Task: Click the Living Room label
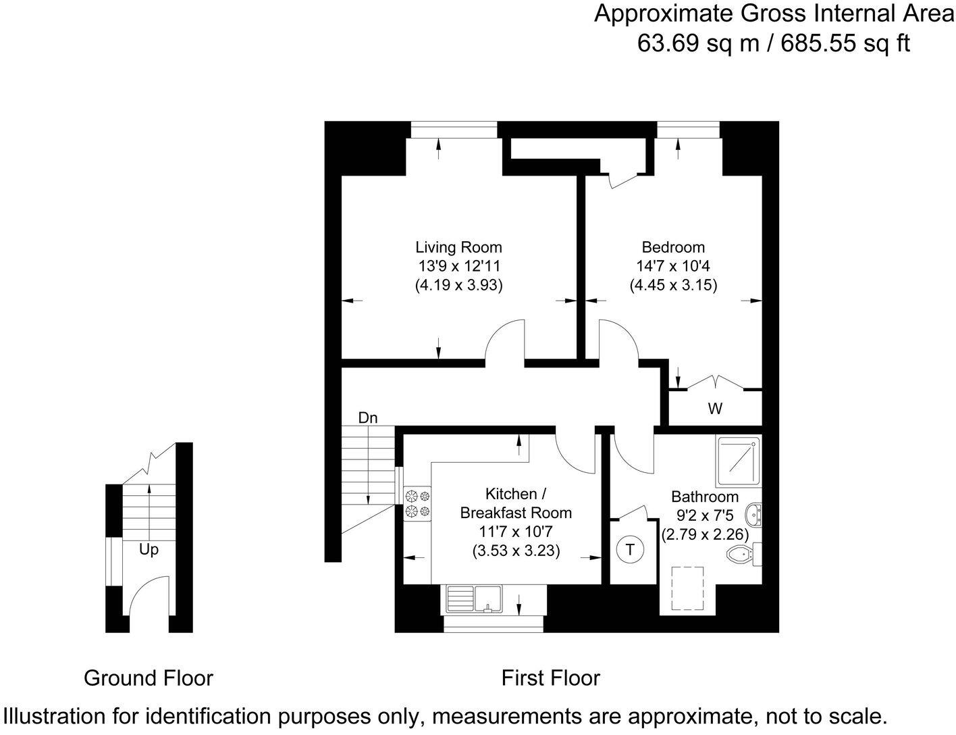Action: tap(458, 247)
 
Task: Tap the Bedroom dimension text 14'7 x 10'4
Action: tap(673, 266)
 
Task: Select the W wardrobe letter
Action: tap(715, 409)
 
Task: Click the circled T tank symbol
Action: tap(630, 549)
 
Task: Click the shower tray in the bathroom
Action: tap(738, 461)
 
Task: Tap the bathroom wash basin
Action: tap(754, 515)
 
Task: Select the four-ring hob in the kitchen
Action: tap(417, 503)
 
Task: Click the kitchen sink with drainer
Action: tap(474, 599)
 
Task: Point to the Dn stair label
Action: tap(368, 417)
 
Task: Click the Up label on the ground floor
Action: tap(149, 549)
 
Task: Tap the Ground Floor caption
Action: tap(149, 678)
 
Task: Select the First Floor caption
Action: tap(550, 678)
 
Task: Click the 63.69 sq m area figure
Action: tap(699, 43)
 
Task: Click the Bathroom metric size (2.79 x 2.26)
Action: tap(705, 534)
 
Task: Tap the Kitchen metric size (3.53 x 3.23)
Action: tap(516, 551)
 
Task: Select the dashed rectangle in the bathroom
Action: tap(687, 588)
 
